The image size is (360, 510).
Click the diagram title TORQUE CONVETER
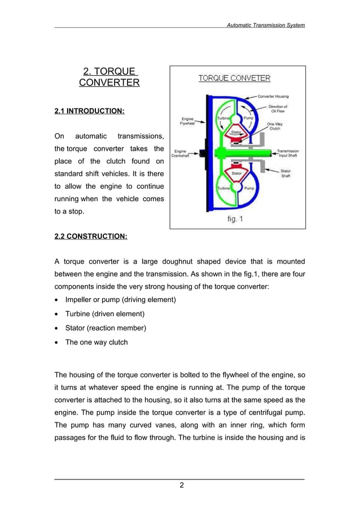pyautogui.click(x=234, y=78)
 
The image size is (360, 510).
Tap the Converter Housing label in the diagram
pyautogui.click(x=273, y=97)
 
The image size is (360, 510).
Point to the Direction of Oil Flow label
pyautogui.click(x=277, y=108)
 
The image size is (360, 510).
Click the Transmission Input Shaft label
pyautogui.click(x=288, y=153)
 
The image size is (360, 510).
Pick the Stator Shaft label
pyautogui.click(x=286, y=173)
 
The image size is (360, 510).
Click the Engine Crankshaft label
pyautogui.click(x=182, y=154)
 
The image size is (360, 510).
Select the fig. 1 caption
pyautogui.click(x=235, y=219)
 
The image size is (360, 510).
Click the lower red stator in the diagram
pyautogui.click(x=236, y=174)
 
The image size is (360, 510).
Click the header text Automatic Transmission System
pyautogui.click(x=265, y=25)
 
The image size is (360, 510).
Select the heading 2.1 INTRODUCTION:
pyautogui.click(x=89, y=111)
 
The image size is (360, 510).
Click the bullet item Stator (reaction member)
pyautogui.click(x=106, y=328)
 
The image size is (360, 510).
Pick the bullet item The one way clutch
pyautogui.click(x=96, y=342)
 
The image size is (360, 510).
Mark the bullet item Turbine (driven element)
pyautogui.click(x=105, y=313)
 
